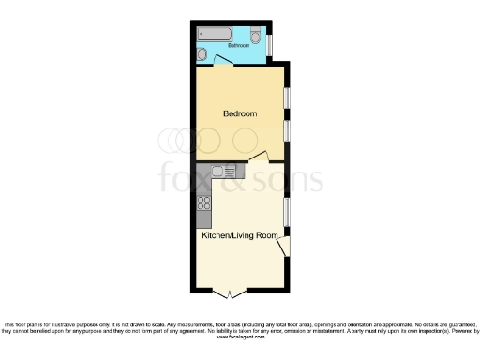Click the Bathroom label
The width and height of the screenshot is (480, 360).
click(x=239, y=44)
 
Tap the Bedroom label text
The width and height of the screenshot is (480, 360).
click(x=239, y=113)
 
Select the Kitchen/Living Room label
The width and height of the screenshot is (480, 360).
click(x=240, y=235)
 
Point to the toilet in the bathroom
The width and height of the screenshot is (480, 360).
click(x=257, y=35)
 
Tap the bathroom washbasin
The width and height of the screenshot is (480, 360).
click(x=202, y=53)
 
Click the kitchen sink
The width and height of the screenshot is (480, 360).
click(x=221, y=171)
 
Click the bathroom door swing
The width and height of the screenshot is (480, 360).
click(x=223, y=62)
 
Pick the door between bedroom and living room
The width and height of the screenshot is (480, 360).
click(x=265, y=157)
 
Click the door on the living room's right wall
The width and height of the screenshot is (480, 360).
click(x=284, y=246)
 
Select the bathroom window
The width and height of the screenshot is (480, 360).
click(x=271, y=43)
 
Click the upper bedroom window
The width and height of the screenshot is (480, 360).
click(x=287, y=98)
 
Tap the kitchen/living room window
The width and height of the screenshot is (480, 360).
click(x=287, y=211)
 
